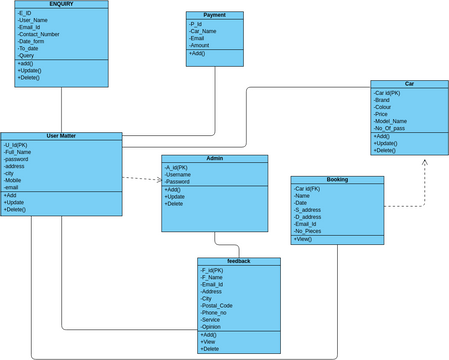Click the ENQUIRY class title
coord(61,5)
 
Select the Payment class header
coord(214,15)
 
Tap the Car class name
coord(409,84)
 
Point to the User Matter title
coord(61,136)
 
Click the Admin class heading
coord(214,159)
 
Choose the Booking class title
coord(337,180)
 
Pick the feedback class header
coord(238,261)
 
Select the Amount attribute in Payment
coord(200,45)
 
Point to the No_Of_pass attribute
coord(389,128)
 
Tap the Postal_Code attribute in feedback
coord(217,305)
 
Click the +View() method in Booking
coord(304,239)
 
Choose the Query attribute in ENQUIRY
coord(27,55)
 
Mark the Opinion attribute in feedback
coord(211,326)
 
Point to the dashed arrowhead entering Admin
coord(157,181)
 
